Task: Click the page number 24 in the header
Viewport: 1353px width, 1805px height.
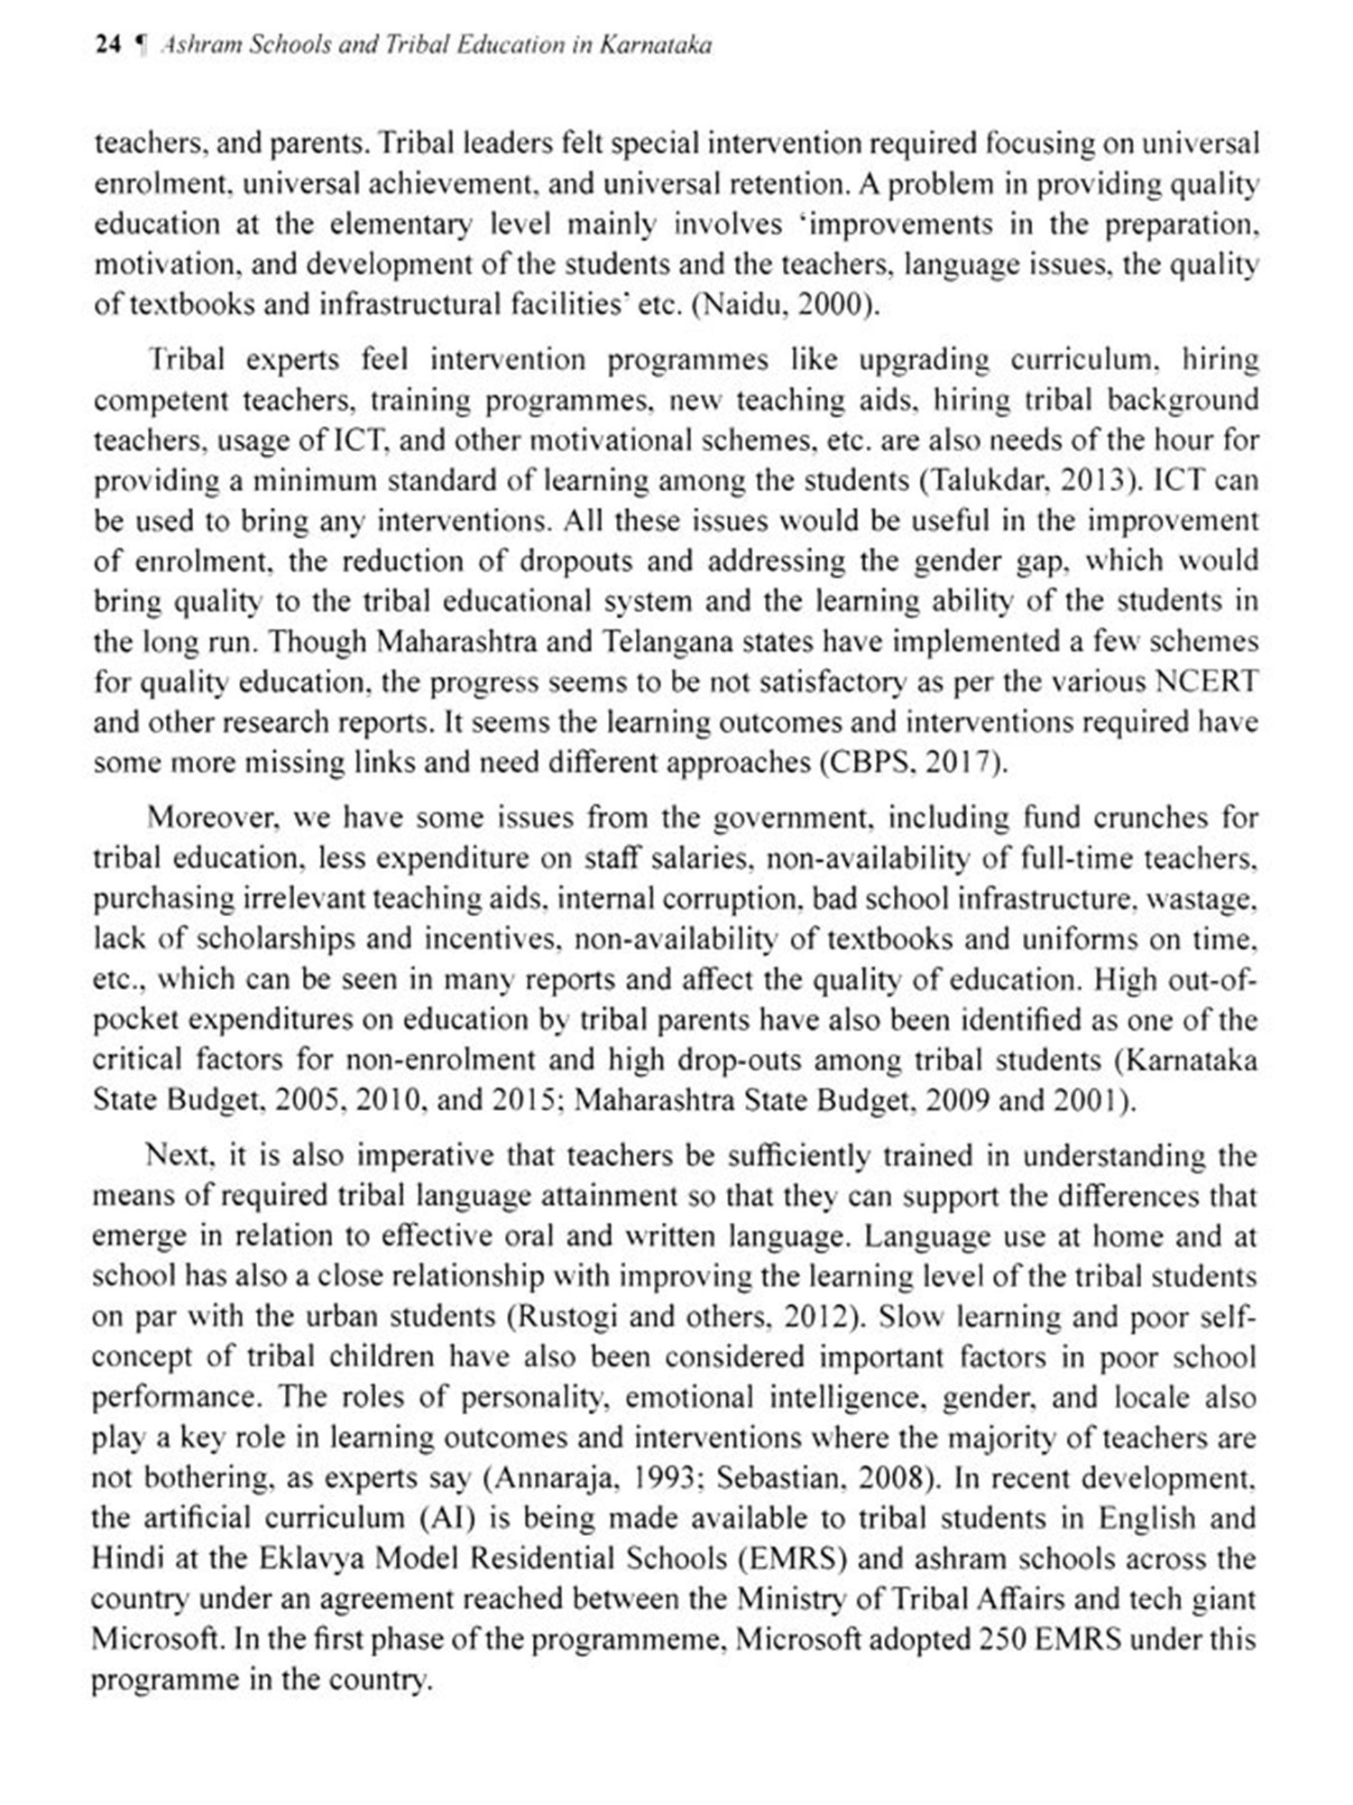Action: pos(107,45)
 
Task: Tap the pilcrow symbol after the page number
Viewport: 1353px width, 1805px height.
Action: pos(140,45)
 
